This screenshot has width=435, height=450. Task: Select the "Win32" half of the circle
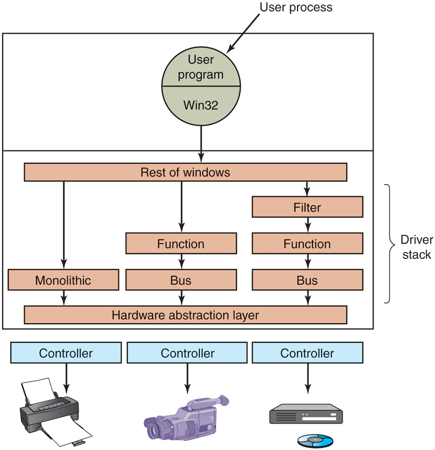201,105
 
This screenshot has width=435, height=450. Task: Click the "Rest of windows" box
186,173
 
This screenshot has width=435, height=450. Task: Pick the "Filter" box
307,208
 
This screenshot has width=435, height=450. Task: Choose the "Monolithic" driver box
63,280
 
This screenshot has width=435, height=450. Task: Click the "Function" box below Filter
307,244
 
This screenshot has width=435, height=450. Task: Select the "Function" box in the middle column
181,244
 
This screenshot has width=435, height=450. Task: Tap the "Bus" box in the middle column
181,280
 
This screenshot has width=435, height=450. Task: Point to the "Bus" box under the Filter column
307,280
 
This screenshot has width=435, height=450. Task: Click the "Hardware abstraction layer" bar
186,315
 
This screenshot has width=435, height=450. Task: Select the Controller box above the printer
66,353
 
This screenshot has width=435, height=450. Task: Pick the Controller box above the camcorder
188,353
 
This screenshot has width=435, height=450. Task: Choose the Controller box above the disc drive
307,353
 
